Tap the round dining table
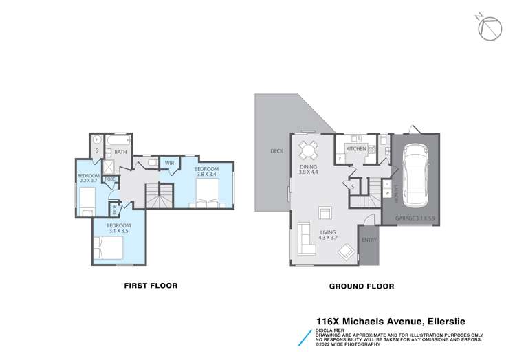307,149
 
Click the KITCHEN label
355,149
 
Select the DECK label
276,151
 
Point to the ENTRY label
369,240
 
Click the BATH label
120,152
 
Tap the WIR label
168,163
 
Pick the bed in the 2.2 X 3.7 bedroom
86,201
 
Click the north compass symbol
487,27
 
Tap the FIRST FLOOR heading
151,286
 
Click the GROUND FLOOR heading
362,286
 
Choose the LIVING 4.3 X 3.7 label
328,236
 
